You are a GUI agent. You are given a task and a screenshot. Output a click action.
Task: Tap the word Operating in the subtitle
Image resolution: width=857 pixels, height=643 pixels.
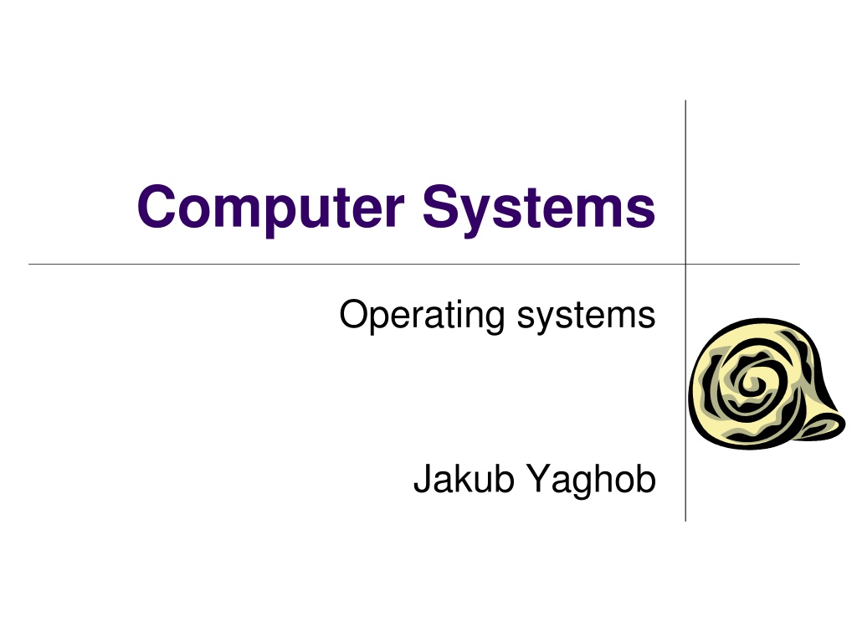point(422,316)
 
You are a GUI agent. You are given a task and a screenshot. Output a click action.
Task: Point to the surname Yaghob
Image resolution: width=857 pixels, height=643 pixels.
point(592,480)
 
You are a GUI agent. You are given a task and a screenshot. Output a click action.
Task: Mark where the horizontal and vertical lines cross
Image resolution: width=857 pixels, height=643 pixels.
point(685,265)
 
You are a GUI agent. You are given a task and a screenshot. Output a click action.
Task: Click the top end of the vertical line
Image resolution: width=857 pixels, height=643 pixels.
point(685,101)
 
